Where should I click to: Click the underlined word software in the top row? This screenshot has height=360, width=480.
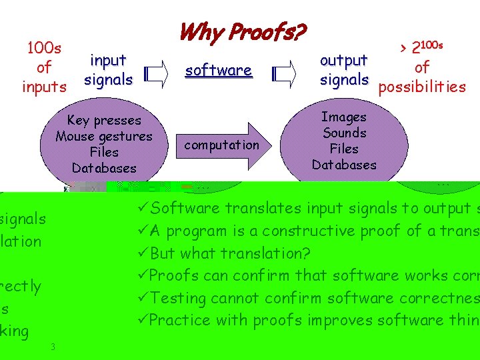click(219, 71)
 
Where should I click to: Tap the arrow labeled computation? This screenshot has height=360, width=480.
click(222, 145)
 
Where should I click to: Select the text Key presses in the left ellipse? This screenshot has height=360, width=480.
click(104, 121)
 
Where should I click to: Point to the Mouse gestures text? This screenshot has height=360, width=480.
click(104, 137)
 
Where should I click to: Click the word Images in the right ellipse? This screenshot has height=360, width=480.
click(344, 117)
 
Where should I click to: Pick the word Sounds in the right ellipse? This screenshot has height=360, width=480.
click(344, 133)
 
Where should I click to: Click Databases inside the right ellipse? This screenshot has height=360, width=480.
click(344, 165)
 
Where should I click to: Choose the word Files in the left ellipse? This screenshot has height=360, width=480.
click(104, 153)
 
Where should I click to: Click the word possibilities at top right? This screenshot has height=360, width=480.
click(422, 87)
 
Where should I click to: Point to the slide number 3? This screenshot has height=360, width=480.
click(52, 347)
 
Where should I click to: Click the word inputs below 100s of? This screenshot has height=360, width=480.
click(44, 87)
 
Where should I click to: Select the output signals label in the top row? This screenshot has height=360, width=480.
click(344, 70)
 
